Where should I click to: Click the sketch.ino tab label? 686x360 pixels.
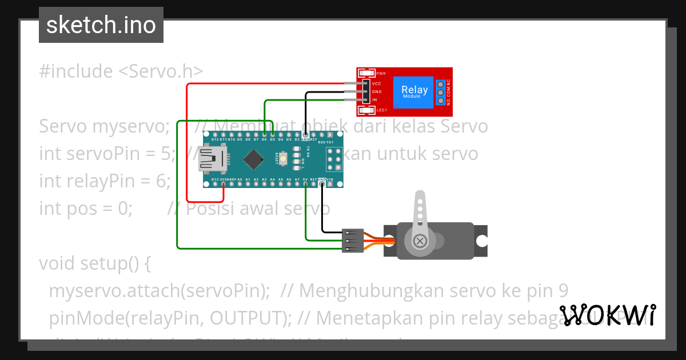click(101, 25)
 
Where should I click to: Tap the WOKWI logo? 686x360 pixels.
click(608, 315)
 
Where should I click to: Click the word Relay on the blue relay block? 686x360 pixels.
click(414, 89)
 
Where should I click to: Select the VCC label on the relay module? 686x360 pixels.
click(376, 83)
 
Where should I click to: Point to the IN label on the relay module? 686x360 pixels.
click(374, 100)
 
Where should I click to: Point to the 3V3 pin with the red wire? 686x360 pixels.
click(224, 183)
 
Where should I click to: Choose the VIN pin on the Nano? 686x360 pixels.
click(330, 183)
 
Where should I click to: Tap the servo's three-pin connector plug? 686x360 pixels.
click(353, 241)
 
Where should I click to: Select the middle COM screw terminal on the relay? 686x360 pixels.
click(440, 92)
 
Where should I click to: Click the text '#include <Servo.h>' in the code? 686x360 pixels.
click(121, 71)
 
